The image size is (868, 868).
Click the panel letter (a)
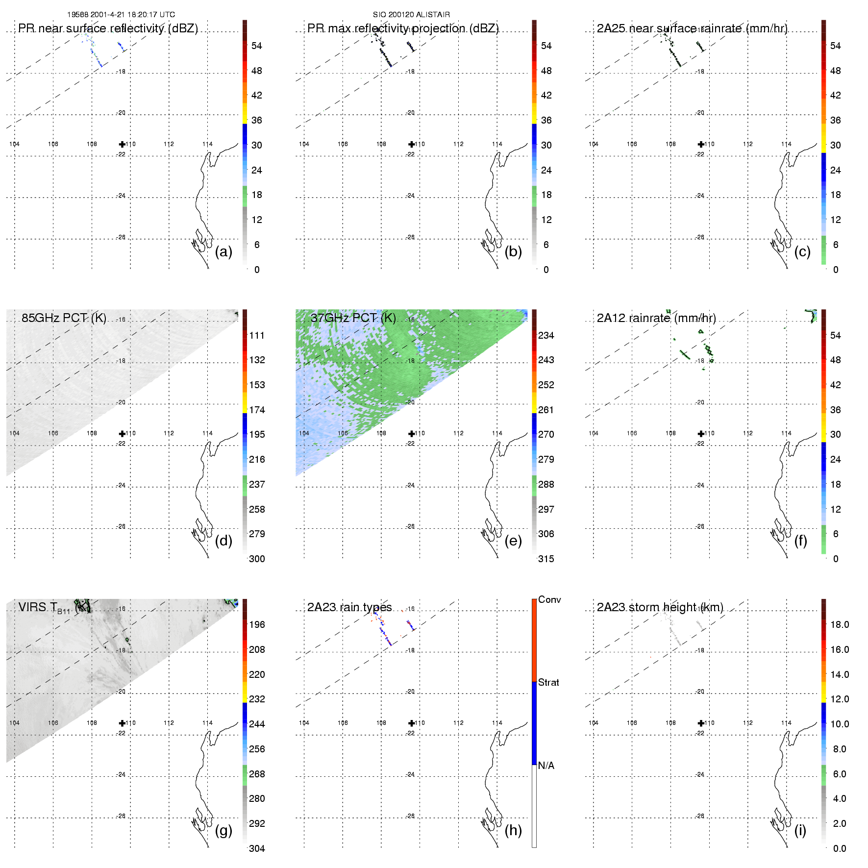pos(223,252)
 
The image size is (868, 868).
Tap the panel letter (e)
pos(513,541)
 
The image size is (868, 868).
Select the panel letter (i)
pos(800,830)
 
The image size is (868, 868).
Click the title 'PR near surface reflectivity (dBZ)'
pos(108,28)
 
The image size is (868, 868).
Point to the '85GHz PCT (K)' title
pos(64,318)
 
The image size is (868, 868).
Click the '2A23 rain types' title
pos(349,607)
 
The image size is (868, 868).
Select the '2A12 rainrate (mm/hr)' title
pos(656,318)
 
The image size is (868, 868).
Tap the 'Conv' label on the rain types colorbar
pos(549,599)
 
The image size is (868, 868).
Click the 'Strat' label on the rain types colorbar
pos(548,682)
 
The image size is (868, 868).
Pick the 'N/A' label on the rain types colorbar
pos(546,766)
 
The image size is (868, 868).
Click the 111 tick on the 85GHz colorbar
pos(257,335)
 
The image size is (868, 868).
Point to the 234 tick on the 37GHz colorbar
pos(546,335)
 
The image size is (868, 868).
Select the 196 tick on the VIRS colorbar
pos(257,624)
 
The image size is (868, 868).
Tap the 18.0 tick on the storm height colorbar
pos(840,624)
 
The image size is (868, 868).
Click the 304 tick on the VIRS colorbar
pos(257,848)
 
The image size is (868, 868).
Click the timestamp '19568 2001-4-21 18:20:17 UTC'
pos(121,15)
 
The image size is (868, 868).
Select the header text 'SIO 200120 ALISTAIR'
pos(411,15)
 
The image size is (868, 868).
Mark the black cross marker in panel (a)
pos(122,144)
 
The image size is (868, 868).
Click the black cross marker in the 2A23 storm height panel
pos(701,723)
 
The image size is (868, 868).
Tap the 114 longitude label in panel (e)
pos(497,433)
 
